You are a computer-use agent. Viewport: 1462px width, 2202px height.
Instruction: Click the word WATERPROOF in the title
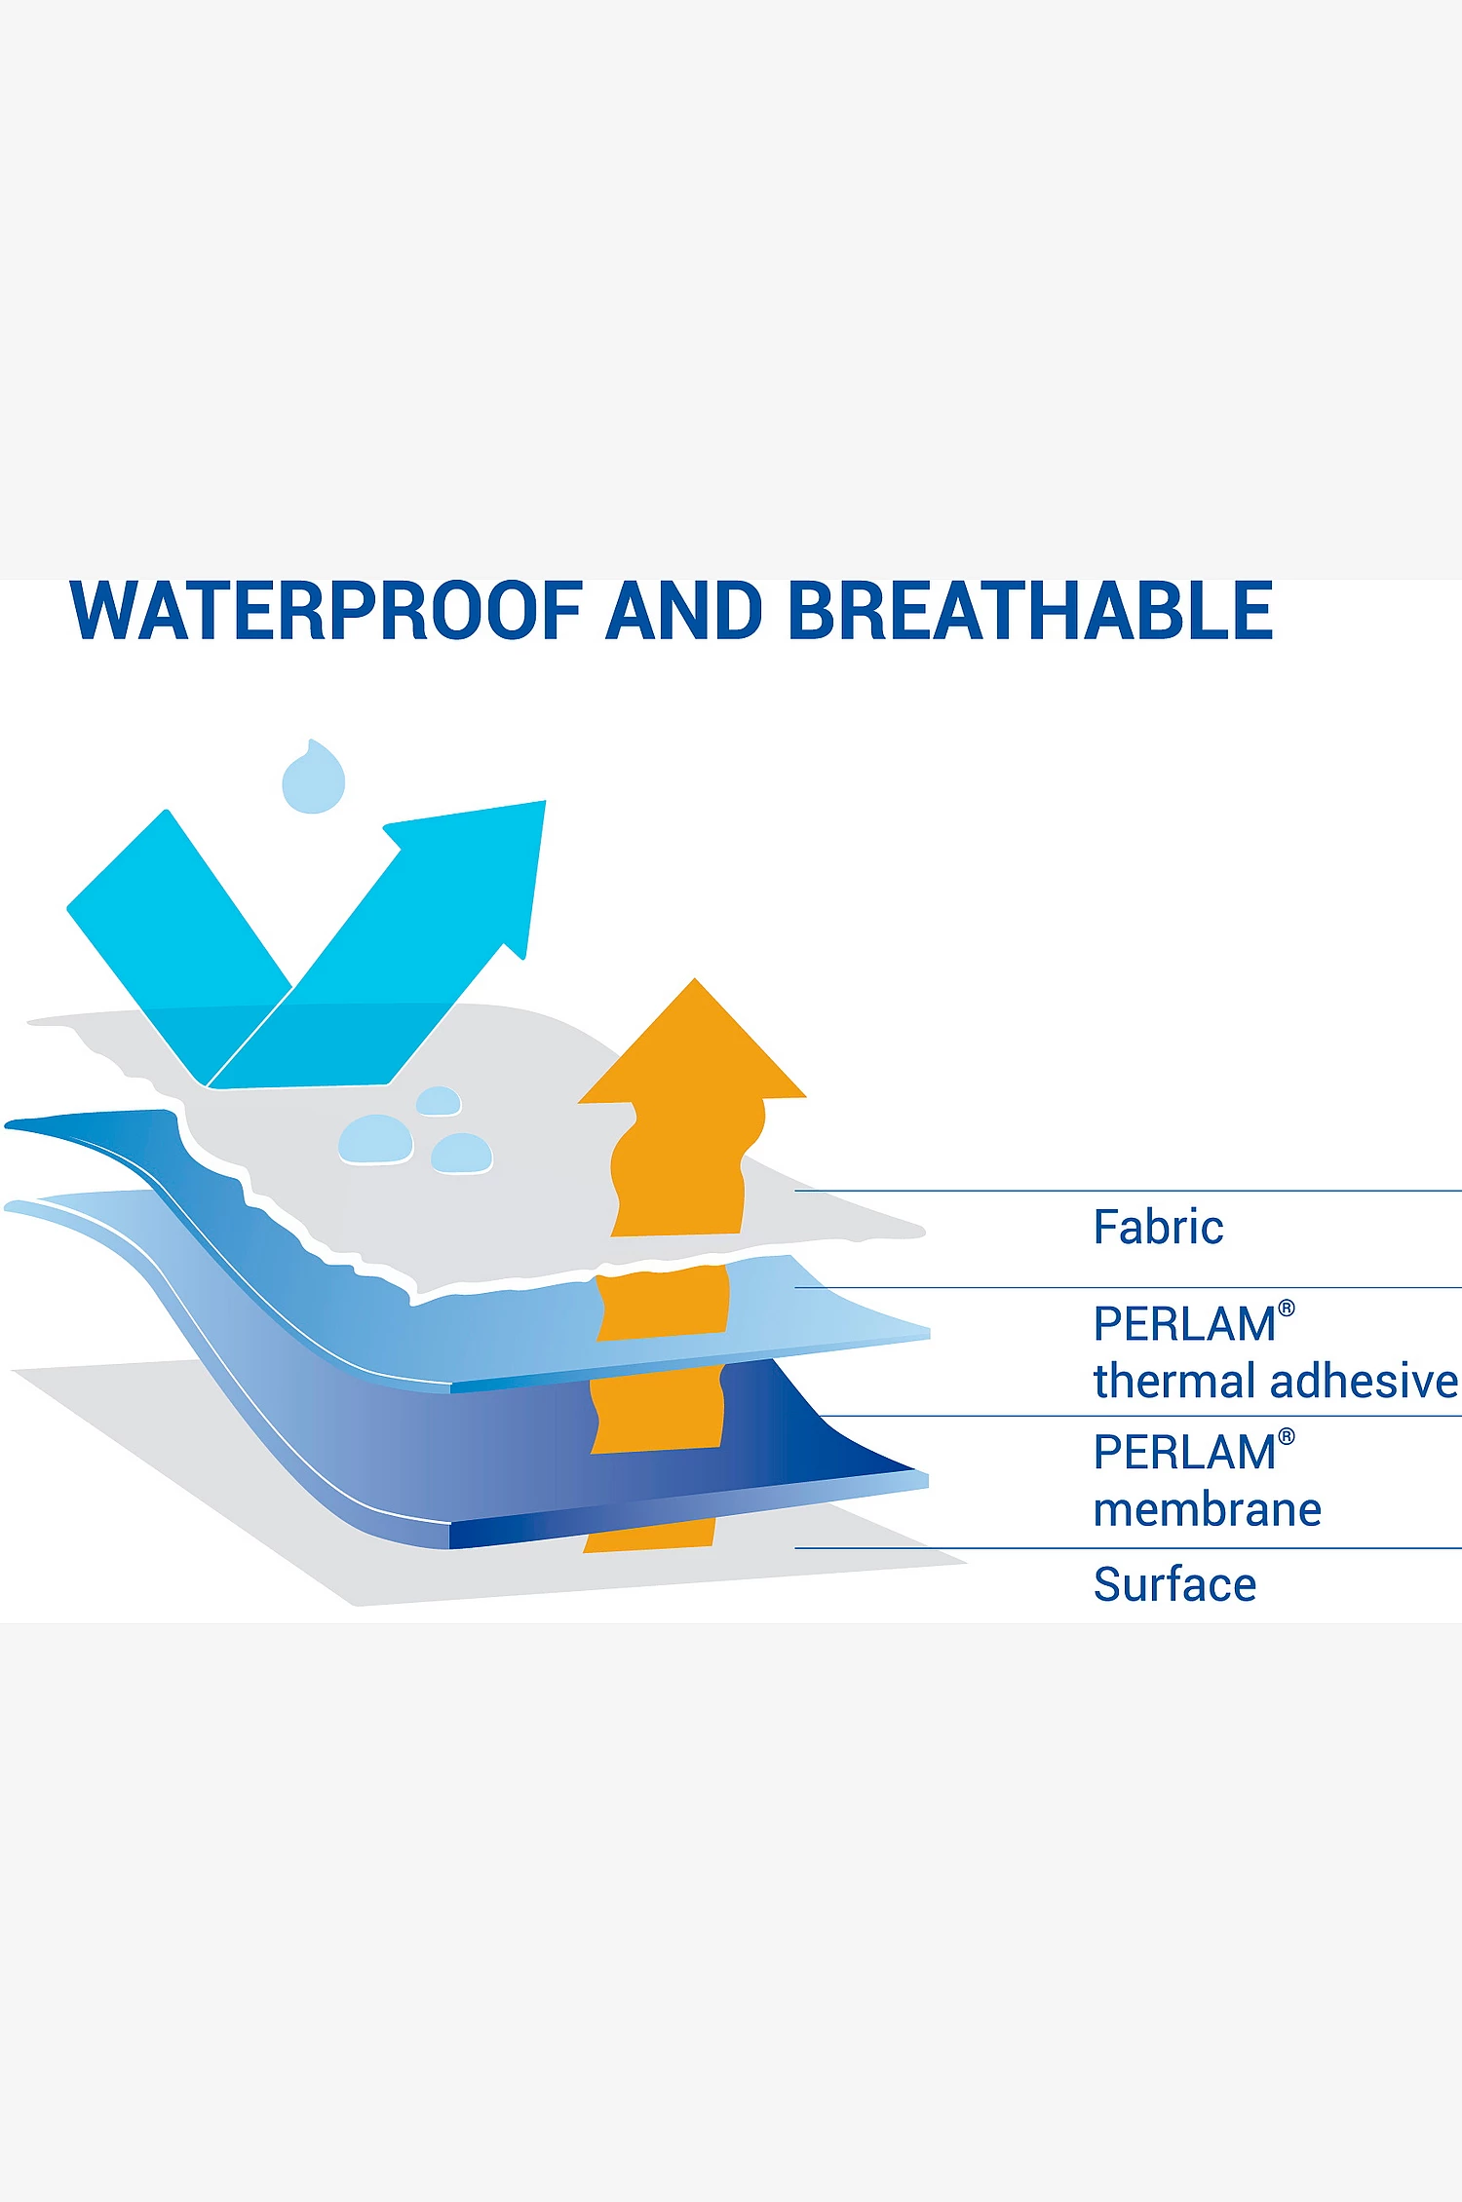(327, 611)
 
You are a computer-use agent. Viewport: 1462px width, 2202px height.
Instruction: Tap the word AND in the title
(683, 611)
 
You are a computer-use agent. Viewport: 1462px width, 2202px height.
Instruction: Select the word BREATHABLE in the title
(1030, 611)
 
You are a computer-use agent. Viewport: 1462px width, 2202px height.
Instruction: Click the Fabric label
(1158, 1227)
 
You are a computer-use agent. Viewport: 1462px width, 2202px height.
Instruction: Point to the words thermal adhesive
(1276, 1381)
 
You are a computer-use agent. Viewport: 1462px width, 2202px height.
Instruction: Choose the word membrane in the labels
(1208, 1509)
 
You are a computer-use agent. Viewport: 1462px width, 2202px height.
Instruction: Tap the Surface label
(1174, 1584)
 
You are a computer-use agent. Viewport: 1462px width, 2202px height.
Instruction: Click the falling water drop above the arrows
(314, 778)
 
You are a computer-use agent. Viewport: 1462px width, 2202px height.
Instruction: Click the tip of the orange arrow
(694, 979)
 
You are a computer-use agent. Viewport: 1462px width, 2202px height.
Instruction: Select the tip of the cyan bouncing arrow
(544, 802)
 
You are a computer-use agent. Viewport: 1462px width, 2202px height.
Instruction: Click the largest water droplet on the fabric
(375, 1139)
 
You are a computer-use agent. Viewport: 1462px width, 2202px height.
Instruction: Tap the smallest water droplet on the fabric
(439, 1101)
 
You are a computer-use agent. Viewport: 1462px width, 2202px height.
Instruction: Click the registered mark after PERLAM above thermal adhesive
(1287, 1309)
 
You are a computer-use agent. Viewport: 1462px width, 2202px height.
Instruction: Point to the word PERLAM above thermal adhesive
(1184, 1324)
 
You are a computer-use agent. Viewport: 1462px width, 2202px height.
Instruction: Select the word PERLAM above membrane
(1184, 1453)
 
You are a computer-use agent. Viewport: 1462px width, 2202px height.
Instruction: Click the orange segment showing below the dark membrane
(650, 1536)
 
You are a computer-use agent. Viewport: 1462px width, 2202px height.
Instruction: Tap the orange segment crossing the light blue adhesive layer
(663, 1302)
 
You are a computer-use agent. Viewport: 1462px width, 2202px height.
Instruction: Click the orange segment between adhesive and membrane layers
(658, 1409)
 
